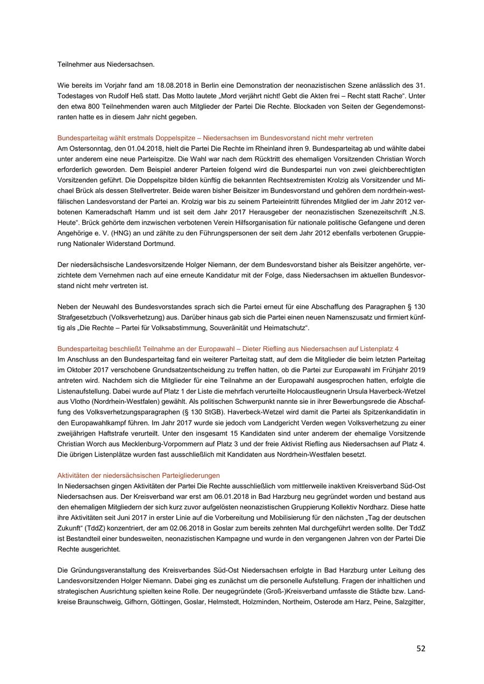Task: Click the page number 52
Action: point(421,649)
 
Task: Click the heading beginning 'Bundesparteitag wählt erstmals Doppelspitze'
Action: point(215,138)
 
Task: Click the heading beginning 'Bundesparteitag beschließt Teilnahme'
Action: point(228,349)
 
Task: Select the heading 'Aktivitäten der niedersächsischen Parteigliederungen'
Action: point(139,475)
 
